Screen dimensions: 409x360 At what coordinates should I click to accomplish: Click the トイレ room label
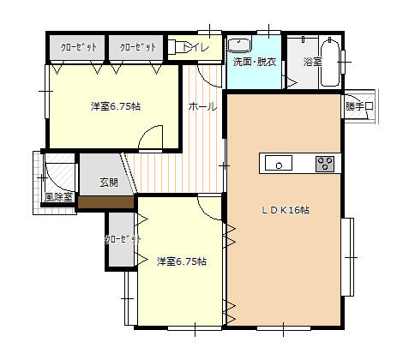coord(195,47)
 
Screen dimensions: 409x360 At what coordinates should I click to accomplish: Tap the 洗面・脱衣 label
coord(255,62)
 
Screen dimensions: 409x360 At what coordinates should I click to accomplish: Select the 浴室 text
coord(312,62)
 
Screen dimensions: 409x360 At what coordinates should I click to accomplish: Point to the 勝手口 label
coord(359,106)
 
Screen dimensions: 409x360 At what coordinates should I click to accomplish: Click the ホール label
coord(202,106)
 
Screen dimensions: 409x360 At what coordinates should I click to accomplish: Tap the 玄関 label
coord(109,183)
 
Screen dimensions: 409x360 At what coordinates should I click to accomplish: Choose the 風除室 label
coord(59,197)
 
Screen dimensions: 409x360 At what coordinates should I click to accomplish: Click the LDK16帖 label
coord(286,210)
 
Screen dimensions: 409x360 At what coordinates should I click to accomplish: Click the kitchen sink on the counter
coord(279,163)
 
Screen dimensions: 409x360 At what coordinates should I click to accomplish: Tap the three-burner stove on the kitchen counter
coord(325,164)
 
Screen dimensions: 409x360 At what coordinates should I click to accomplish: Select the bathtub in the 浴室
coord(330,63)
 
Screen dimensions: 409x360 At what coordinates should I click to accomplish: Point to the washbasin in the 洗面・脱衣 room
coord(239,45)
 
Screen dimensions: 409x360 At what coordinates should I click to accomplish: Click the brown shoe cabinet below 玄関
coord(106,202)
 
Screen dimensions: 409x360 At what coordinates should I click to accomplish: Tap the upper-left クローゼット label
coord(78,47)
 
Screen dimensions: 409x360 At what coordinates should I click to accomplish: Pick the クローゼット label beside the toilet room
coord(138,47)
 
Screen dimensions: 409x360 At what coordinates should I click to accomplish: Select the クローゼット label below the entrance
coord(123,239)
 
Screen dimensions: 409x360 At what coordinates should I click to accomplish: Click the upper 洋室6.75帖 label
coord(116,106)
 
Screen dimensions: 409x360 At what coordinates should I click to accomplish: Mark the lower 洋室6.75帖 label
coord(182,261)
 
